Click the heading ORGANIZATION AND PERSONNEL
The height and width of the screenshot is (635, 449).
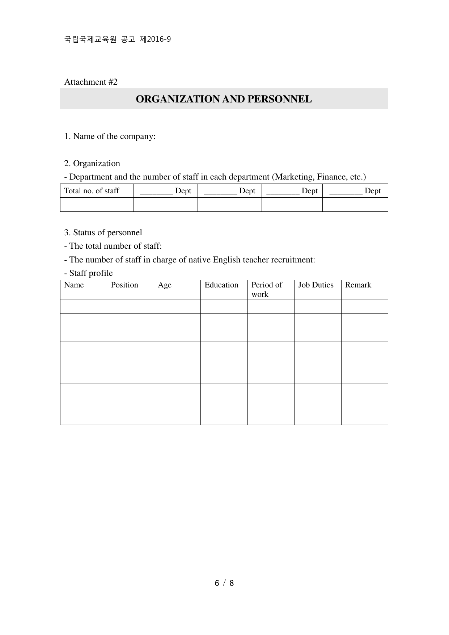point(224,99)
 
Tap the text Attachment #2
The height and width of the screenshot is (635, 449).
point(91,82)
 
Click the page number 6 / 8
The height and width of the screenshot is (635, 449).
point(224,583)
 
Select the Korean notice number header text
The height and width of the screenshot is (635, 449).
point(117,39)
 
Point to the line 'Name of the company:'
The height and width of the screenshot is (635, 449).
point(110,136)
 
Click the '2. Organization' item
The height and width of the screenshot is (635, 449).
point(92,164)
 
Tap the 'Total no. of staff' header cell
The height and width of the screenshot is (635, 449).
point(92,191)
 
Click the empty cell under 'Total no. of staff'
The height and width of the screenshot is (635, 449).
point(97,205)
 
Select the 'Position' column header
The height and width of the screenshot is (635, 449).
point(124,285)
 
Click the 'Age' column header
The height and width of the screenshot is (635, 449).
point(165,285)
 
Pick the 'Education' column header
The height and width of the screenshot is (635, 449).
point(221,285)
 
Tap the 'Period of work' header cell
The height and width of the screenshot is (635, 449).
point(267,289)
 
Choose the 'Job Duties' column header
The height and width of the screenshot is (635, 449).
point(315,285)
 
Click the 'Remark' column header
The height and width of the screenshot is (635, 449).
point(358,285)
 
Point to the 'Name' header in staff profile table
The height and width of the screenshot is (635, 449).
point(74,285)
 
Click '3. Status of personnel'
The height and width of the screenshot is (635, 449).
point(103,232)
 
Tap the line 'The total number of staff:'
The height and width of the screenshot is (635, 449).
point(113,246)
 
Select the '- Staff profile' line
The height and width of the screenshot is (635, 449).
point(89,273)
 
